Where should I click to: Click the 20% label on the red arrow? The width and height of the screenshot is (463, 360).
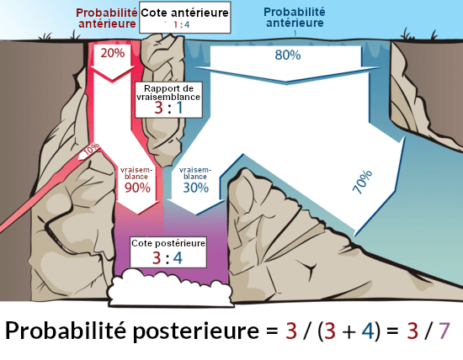112,53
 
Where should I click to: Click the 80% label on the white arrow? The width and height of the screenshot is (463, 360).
288,56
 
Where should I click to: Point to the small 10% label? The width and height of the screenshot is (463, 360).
91,148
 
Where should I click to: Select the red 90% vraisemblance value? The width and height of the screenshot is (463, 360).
136,188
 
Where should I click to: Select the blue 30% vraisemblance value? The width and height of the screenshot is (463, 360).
195,188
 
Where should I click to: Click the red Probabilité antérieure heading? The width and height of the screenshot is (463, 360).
106,19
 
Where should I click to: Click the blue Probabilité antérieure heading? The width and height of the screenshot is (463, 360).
295,18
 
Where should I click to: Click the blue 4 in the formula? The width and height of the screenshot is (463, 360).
367,331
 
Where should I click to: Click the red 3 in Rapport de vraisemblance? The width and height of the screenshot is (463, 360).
157,109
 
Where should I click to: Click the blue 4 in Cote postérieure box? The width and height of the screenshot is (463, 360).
177,257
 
